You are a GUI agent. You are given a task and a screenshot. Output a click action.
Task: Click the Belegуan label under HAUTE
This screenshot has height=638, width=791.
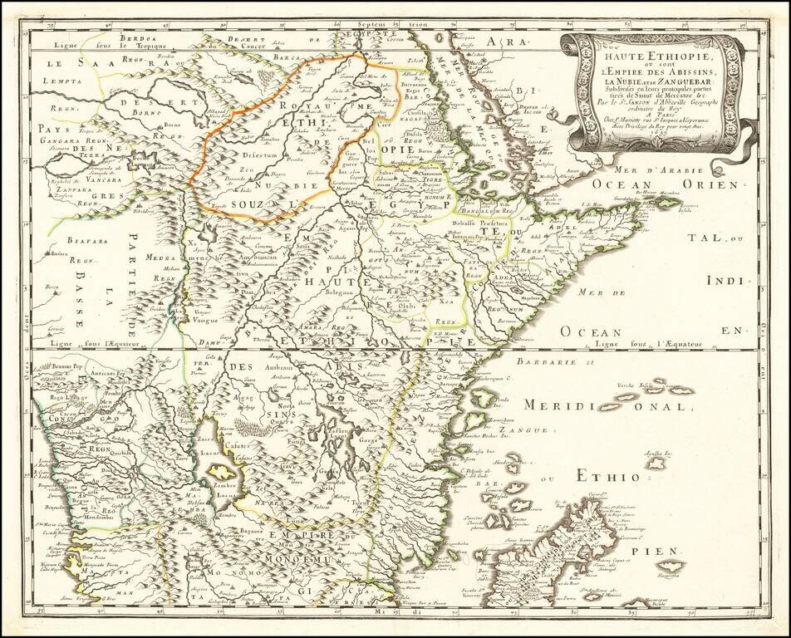click(341, 292)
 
